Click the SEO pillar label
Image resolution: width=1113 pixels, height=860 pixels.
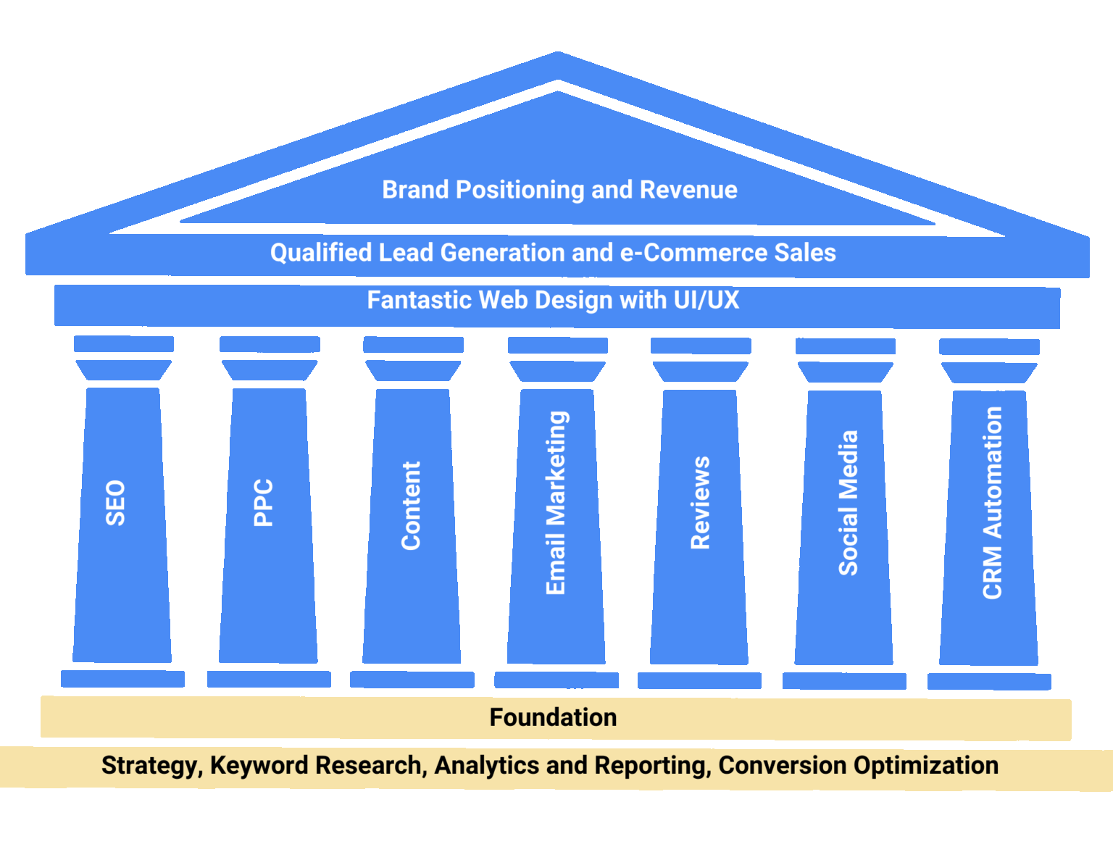116,503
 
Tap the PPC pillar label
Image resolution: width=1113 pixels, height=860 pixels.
264,502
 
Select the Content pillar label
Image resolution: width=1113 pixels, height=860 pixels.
411,506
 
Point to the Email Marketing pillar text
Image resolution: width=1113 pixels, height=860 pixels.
556,503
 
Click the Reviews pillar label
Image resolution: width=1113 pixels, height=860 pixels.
700,503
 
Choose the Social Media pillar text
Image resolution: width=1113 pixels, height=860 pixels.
848,504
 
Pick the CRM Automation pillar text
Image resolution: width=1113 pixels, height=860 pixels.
992,503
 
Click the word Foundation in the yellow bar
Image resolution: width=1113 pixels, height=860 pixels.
553,717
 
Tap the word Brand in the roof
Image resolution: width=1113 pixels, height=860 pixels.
415,190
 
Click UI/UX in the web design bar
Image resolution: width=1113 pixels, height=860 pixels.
706,300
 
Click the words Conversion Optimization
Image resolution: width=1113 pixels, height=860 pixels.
858,766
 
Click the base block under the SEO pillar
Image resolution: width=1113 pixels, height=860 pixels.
122,679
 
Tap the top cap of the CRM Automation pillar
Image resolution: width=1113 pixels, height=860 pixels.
989,346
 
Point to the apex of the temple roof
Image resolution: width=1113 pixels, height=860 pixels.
557,55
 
